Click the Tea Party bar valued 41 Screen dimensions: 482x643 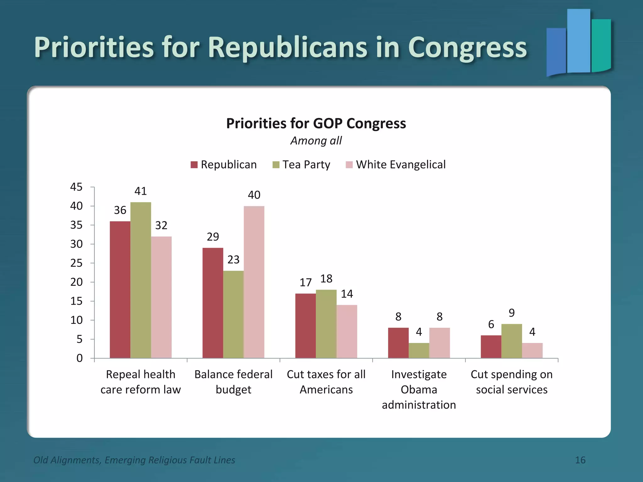click(x=141, y=280)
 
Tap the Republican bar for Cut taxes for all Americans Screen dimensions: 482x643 click(x=305, y=326)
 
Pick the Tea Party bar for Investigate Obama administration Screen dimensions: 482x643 click(x=419, y=350)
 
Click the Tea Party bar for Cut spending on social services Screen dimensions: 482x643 click(x=511, y=341)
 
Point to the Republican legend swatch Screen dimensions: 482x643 click(x=194, y=165)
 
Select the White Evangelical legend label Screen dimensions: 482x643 click(x=401, y=165)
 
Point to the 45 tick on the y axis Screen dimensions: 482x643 click(x=76, y=187)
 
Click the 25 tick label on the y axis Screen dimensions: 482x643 click(x=76, y=263)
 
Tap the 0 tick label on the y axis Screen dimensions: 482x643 click(x=79, y=358)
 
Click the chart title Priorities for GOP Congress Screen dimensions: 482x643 click(x=316, y=123)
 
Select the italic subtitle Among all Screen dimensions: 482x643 click(x=316, y=141)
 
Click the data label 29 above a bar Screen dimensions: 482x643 click(x=213, y=237)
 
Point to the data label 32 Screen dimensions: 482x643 click(x=161, y=225)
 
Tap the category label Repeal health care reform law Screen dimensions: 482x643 click(x=141, y=382)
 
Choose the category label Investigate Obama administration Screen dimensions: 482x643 click(x=419, y=389)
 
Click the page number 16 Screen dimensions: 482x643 click(x=580, y=460)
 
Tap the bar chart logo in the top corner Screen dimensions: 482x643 click(x=578, y=42)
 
